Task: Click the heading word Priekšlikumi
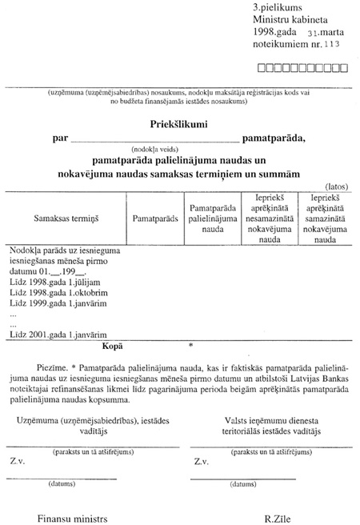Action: [180, 124]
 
